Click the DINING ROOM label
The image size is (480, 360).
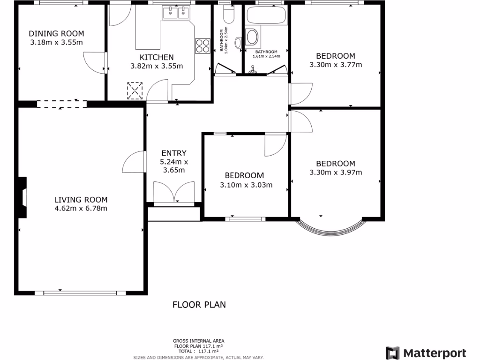point(56,33)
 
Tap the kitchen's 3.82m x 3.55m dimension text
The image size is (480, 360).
point(156,66)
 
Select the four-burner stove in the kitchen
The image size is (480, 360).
point(202,46)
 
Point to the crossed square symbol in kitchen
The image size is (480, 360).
point(135,90)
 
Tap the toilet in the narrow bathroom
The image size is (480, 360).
point(229,16)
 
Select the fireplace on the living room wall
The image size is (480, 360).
point(22,197)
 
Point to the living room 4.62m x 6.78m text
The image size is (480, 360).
point(81,208)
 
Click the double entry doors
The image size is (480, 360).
point(174,192)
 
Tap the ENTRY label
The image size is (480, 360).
point(174,153)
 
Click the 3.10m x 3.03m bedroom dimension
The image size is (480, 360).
point(246,185)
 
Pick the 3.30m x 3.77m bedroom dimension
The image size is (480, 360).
point(336,65)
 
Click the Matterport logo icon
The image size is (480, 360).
point(392,353)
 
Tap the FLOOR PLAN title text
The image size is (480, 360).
point(199,305)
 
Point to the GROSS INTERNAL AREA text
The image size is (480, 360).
point(198,341)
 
